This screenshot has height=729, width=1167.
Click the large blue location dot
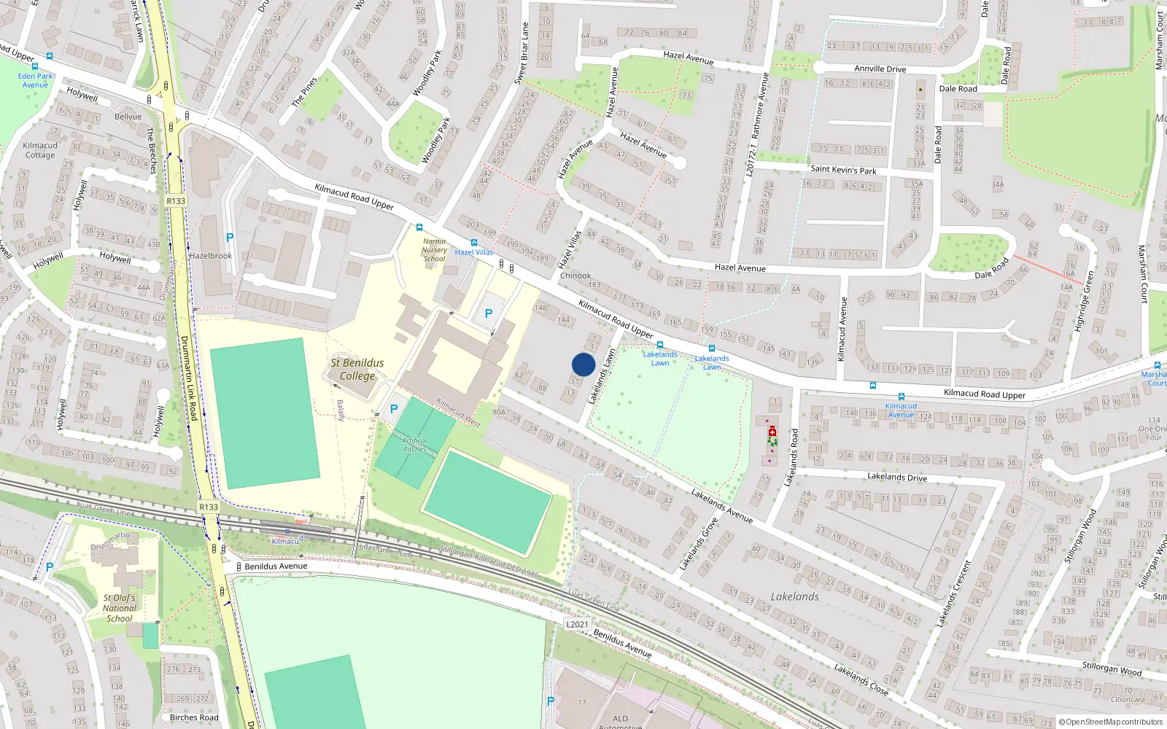(x=583, y=364)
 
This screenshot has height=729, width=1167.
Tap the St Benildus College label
(x=357, y=370)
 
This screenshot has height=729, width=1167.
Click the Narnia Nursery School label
(x=434, y=250)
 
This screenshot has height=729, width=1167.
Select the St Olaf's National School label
(x=120, y=608)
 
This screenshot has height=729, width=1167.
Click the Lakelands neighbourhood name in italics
(x=794, y=596)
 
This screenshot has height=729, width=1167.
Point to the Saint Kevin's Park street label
(x=843, y=170)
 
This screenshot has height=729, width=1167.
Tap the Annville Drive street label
(x=880, y=69)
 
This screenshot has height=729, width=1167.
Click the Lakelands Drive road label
(x=896, y=477)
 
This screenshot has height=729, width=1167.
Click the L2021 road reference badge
(x=577, y=625)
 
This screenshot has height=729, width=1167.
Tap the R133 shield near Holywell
(x=176, y=201)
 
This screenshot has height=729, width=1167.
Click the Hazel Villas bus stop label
(x=474, y=252)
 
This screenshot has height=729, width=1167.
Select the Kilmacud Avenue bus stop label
(x=901, y=410)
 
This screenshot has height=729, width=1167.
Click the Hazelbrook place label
(x=210, y=256)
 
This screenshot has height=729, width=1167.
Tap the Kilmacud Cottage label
(x=39, y=150)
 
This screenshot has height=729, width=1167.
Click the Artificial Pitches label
(x=414, y=445)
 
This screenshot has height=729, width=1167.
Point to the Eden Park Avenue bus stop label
(x=35, y=80)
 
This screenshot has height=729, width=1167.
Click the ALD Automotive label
(x=620, y=722)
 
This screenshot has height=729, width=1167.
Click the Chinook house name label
(x=575, y=276)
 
